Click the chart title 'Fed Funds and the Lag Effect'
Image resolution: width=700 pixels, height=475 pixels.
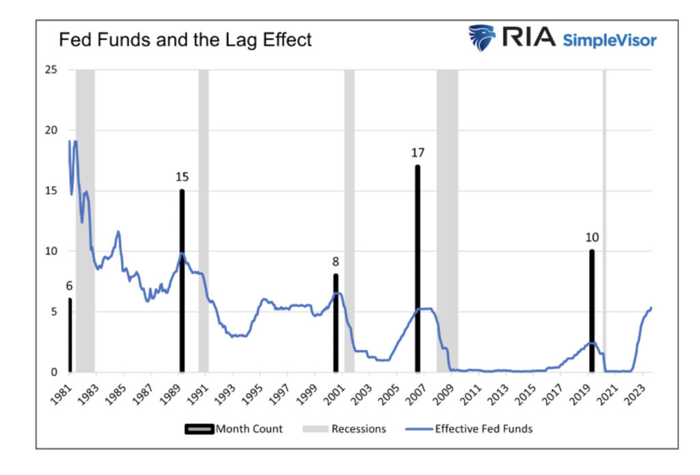tap(185, 40)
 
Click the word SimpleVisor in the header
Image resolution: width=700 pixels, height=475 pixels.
tap(609, 40)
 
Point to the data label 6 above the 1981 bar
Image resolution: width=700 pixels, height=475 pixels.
tap(69, 286)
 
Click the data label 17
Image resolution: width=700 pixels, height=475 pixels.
tap(417, 153)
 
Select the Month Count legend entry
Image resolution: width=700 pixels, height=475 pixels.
tap(234, 429)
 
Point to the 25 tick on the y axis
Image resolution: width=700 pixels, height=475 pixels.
tap(50, 70)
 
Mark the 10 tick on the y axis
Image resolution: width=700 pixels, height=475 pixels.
tap(50, 252)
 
